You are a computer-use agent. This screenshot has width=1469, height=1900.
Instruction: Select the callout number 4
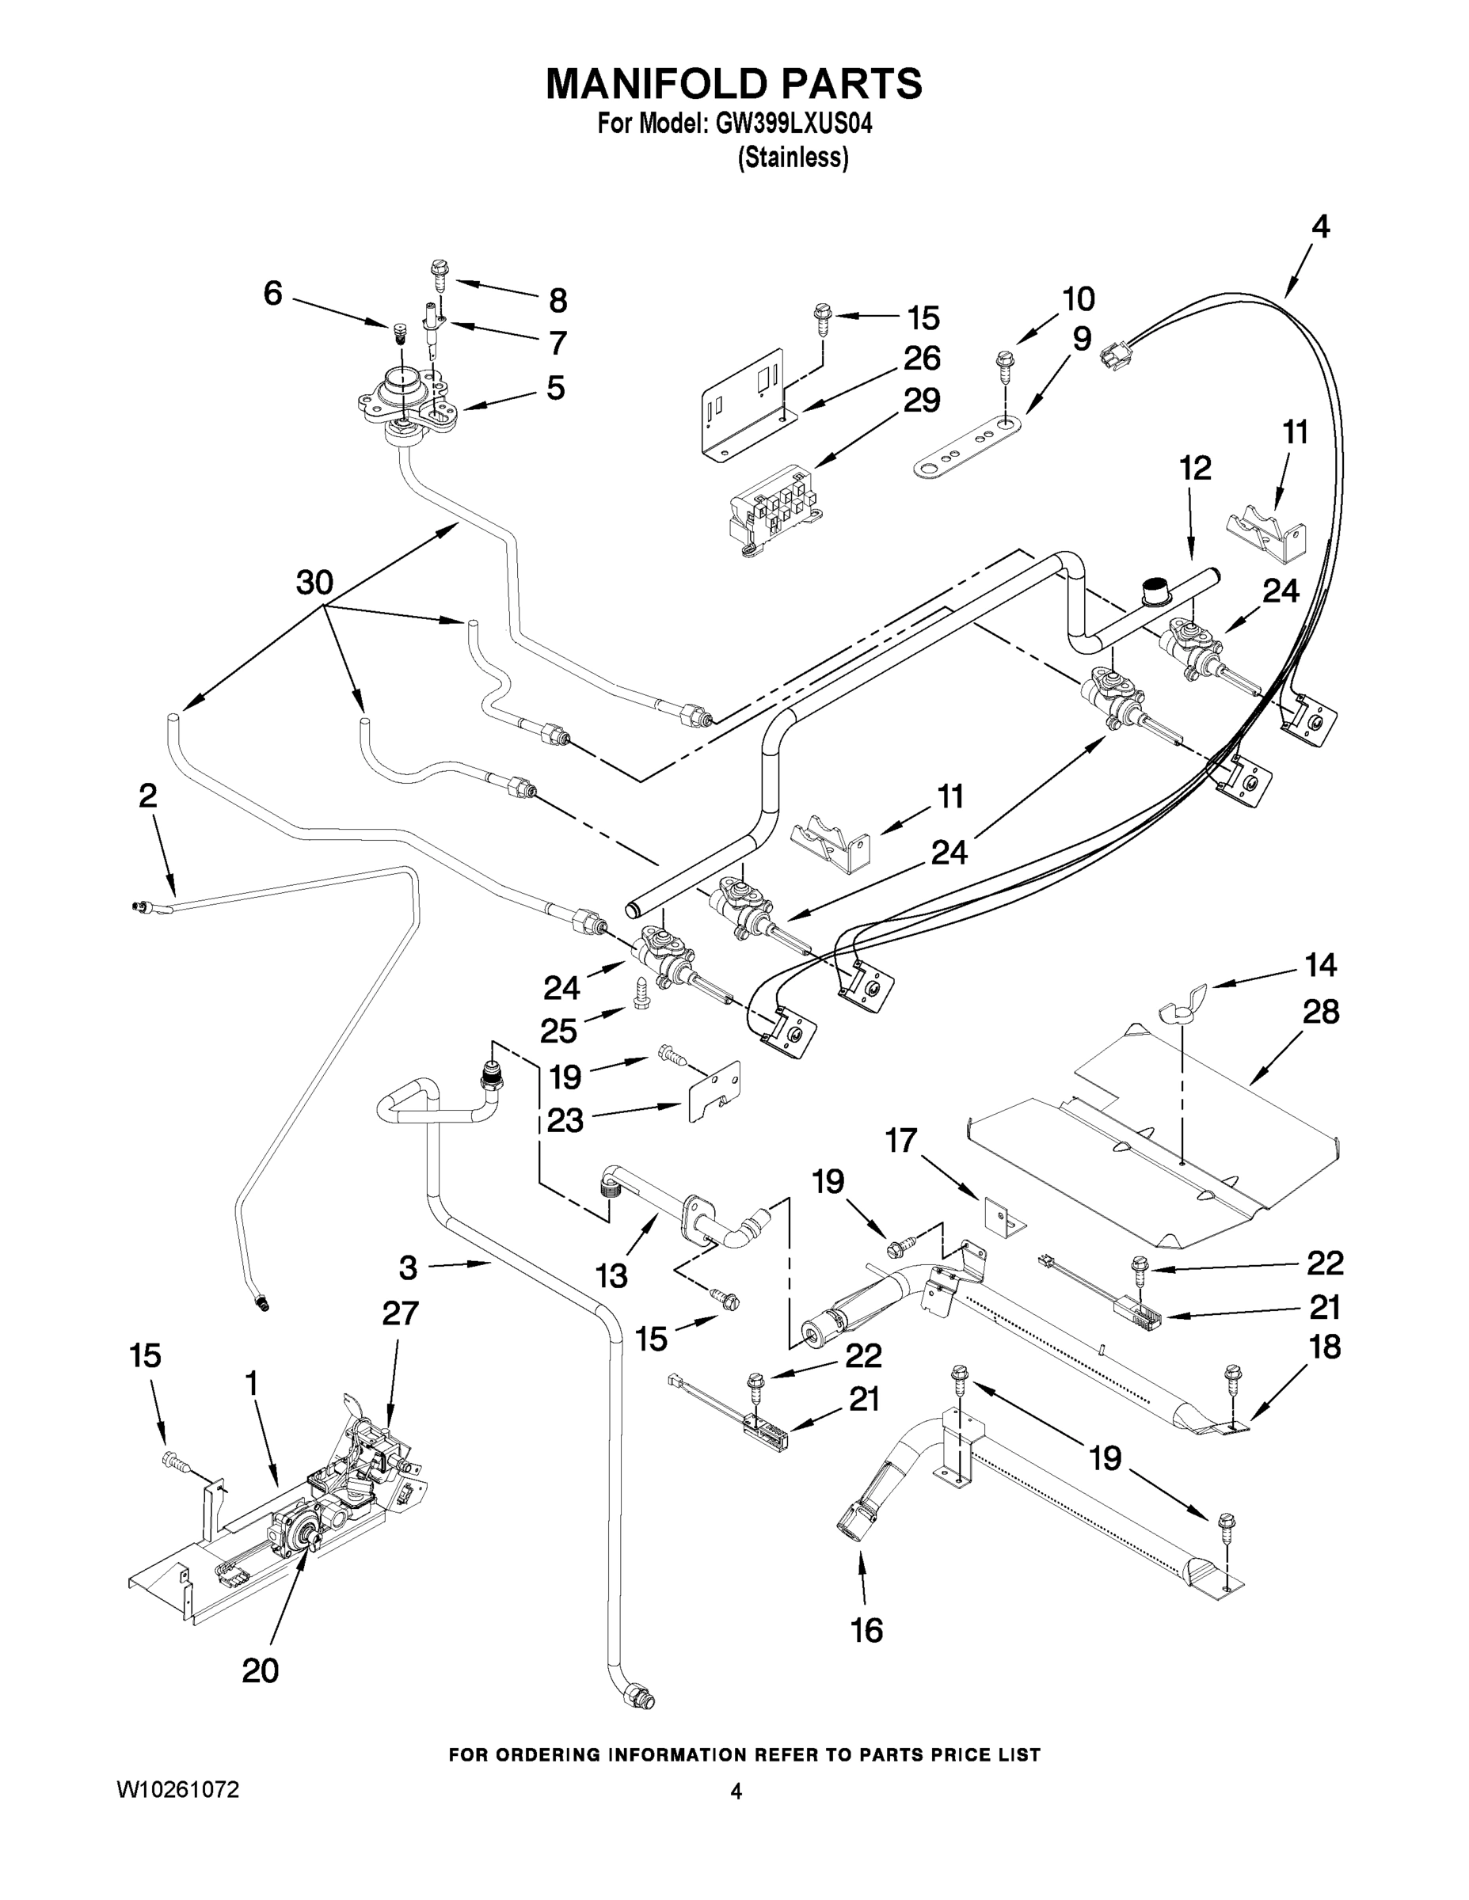coord(1320,227)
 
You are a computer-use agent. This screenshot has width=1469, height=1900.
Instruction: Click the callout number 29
coord(921,400)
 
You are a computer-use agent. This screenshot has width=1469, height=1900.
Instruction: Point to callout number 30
coord(314,582)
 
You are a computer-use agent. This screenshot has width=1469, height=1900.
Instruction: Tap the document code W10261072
coord(177,1789)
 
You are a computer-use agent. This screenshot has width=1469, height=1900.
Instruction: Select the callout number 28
coord(1320,1012)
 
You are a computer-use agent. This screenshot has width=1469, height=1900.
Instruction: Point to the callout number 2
coord(148,795)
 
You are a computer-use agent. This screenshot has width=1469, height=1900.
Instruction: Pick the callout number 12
coord(1195,469)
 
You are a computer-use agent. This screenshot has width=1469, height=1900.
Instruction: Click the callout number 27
coord(401,1313)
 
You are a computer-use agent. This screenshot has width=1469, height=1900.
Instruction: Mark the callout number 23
coord(565,1120)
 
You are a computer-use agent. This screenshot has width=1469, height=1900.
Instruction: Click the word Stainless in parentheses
coord(793,158)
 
